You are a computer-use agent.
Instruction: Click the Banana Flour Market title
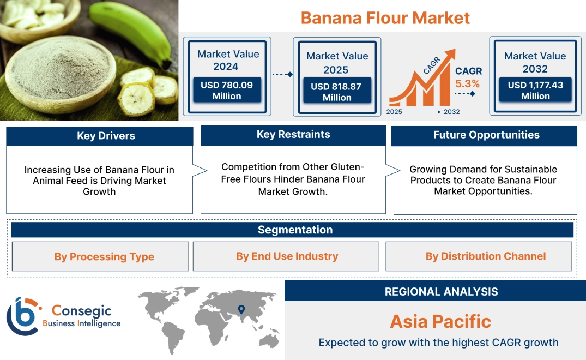click(x=385, y=17)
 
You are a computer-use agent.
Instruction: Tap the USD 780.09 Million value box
click(x=227, y=91)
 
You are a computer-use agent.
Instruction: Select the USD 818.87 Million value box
click(x=337, y=92)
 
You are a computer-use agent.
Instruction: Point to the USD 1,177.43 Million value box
click(x=535, y=91)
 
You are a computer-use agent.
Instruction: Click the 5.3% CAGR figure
click(x=468, y=84)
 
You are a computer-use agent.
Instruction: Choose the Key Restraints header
click(x=293, y=135)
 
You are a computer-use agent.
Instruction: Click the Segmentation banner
click(x=295, y=230)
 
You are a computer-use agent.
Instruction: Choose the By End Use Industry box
click(x=287, y=256)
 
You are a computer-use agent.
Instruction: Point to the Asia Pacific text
click(x=440, y=321)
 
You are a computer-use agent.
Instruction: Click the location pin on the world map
click(x=241, y=310)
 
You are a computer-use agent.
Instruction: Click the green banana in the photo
click(x=131, y=30)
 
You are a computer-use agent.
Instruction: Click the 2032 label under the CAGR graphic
click(x=451, y=112)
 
